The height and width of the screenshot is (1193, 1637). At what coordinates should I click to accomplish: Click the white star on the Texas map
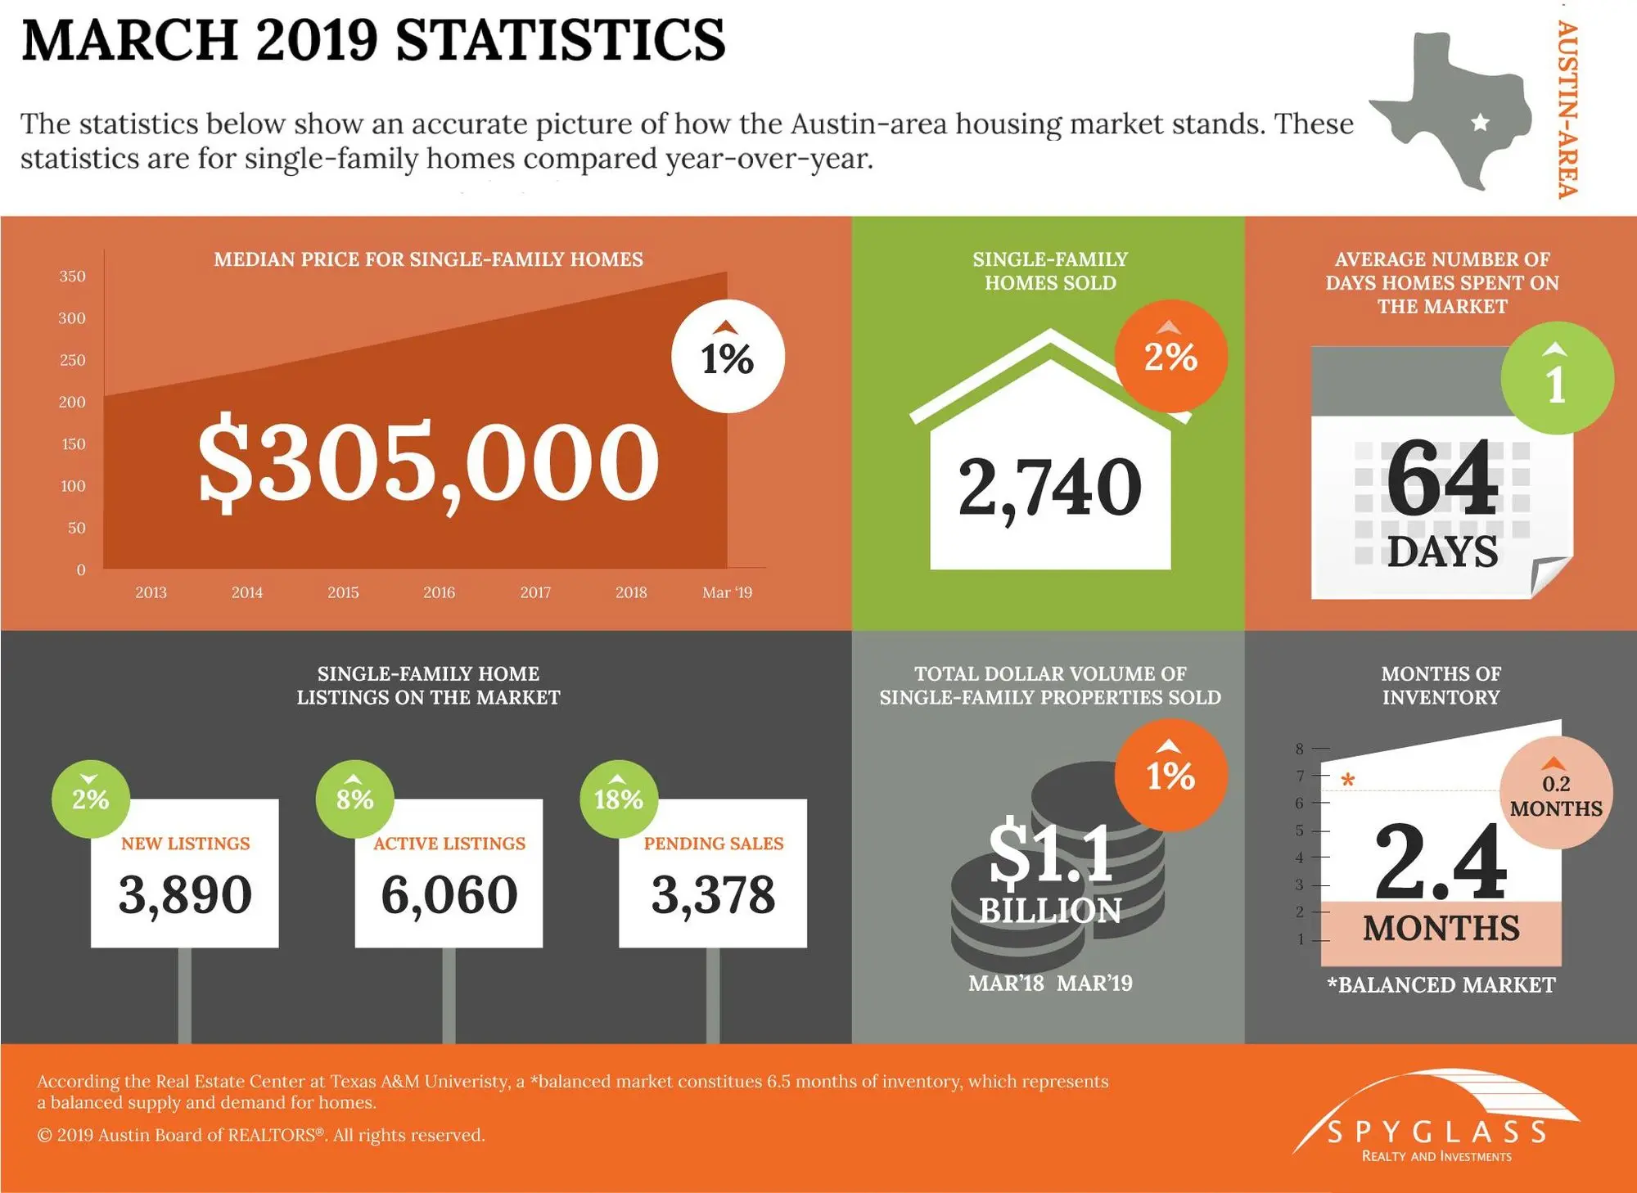click(1480, 124)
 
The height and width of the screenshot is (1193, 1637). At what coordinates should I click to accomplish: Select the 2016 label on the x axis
click(439, 592)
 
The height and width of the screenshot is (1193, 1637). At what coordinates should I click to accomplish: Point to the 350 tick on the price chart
click(72, 277)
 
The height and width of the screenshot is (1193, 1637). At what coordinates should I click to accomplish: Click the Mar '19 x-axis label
click(727, 592)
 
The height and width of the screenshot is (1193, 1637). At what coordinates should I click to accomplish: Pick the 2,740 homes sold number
click(1049, 488)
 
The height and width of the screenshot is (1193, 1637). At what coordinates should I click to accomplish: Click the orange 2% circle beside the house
click(1170, 357)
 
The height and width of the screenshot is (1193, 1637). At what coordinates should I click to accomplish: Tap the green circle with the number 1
click(1556, 379)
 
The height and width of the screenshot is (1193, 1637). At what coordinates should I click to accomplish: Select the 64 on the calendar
click(1442, 478)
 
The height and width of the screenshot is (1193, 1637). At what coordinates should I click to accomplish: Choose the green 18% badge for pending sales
click(619, 799)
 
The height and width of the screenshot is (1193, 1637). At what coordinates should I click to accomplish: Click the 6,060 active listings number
click(449, 894)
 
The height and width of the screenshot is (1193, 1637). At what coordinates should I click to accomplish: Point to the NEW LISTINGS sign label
click(185, 844)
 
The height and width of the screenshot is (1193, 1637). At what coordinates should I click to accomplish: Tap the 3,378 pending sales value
click(713, 894)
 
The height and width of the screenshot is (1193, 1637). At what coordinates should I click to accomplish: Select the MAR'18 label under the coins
click(1006, 983)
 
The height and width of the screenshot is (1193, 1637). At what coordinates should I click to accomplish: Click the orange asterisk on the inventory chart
click(1348, 781)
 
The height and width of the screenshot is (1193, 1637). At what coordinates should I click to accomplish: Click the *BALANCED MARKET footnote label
click(1441, 985)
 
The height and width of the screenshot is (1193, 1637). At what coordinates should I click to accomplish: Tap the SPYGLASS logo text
click(1436, 1132)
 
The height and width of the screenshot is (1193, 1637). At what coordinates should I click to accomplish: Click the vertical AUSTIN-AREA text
click(1567, 110)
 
